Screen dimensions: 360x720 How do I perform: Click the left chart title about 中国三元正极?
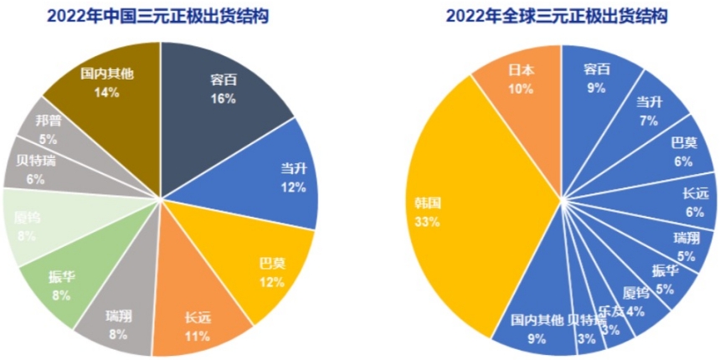[161, 16]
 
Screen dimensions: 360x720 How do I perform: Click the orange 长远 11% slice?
[198, 322]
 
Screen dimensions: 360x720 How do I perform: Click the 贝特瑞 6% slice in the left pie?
[35, 167]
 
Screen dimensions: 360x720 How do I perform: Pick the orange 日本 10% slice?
[521, 80]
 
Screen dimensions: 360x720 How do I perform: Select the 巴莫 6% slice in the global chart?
[678, 151]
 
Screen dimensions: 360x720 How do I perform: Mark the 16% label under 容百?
[224, 99]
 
